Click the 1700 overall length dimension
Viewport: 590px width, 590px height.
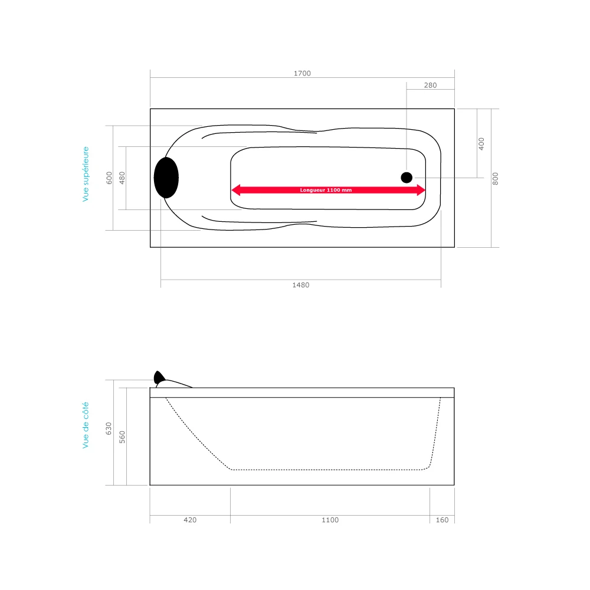click(x=302, y=74)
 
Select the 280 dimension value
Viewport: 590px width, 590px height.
click(x=430, y=86)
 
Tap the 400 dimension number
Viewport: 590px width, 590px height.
click(x=481, y=143)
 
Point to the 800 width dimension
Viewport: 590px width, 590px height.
click(x=496, y=178)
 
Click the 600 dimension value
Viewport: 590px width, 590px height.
click(x=109, y=178)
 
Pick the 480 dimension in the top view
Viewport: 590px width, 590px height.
click(x=123, y=178)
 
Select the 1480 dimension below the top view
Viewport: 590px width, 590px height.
click(x=300, y=285)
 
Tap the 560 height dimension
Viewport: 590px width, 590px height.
click(x=123, y=436)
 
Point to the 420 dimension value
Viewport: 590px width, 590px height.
click(x=190, y=520)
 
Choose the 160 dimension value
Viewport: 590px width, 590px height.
click(x=442, y=520)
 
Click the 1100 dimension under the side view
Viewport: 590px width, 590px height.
click(x=330, y=520)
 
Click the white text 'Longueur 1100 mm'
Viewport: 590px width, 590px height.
click(x=326, y=190)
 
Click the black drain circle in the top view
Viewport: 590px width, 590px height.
click(x=407, y=177)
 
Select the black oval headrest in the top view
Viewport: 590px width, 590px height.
click(x=166, y=177)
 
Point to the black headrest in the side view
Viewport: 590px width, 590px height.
click(x=159, y=377)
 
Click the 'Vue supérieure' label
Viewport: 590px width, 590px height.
click(x=86, y=175)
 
